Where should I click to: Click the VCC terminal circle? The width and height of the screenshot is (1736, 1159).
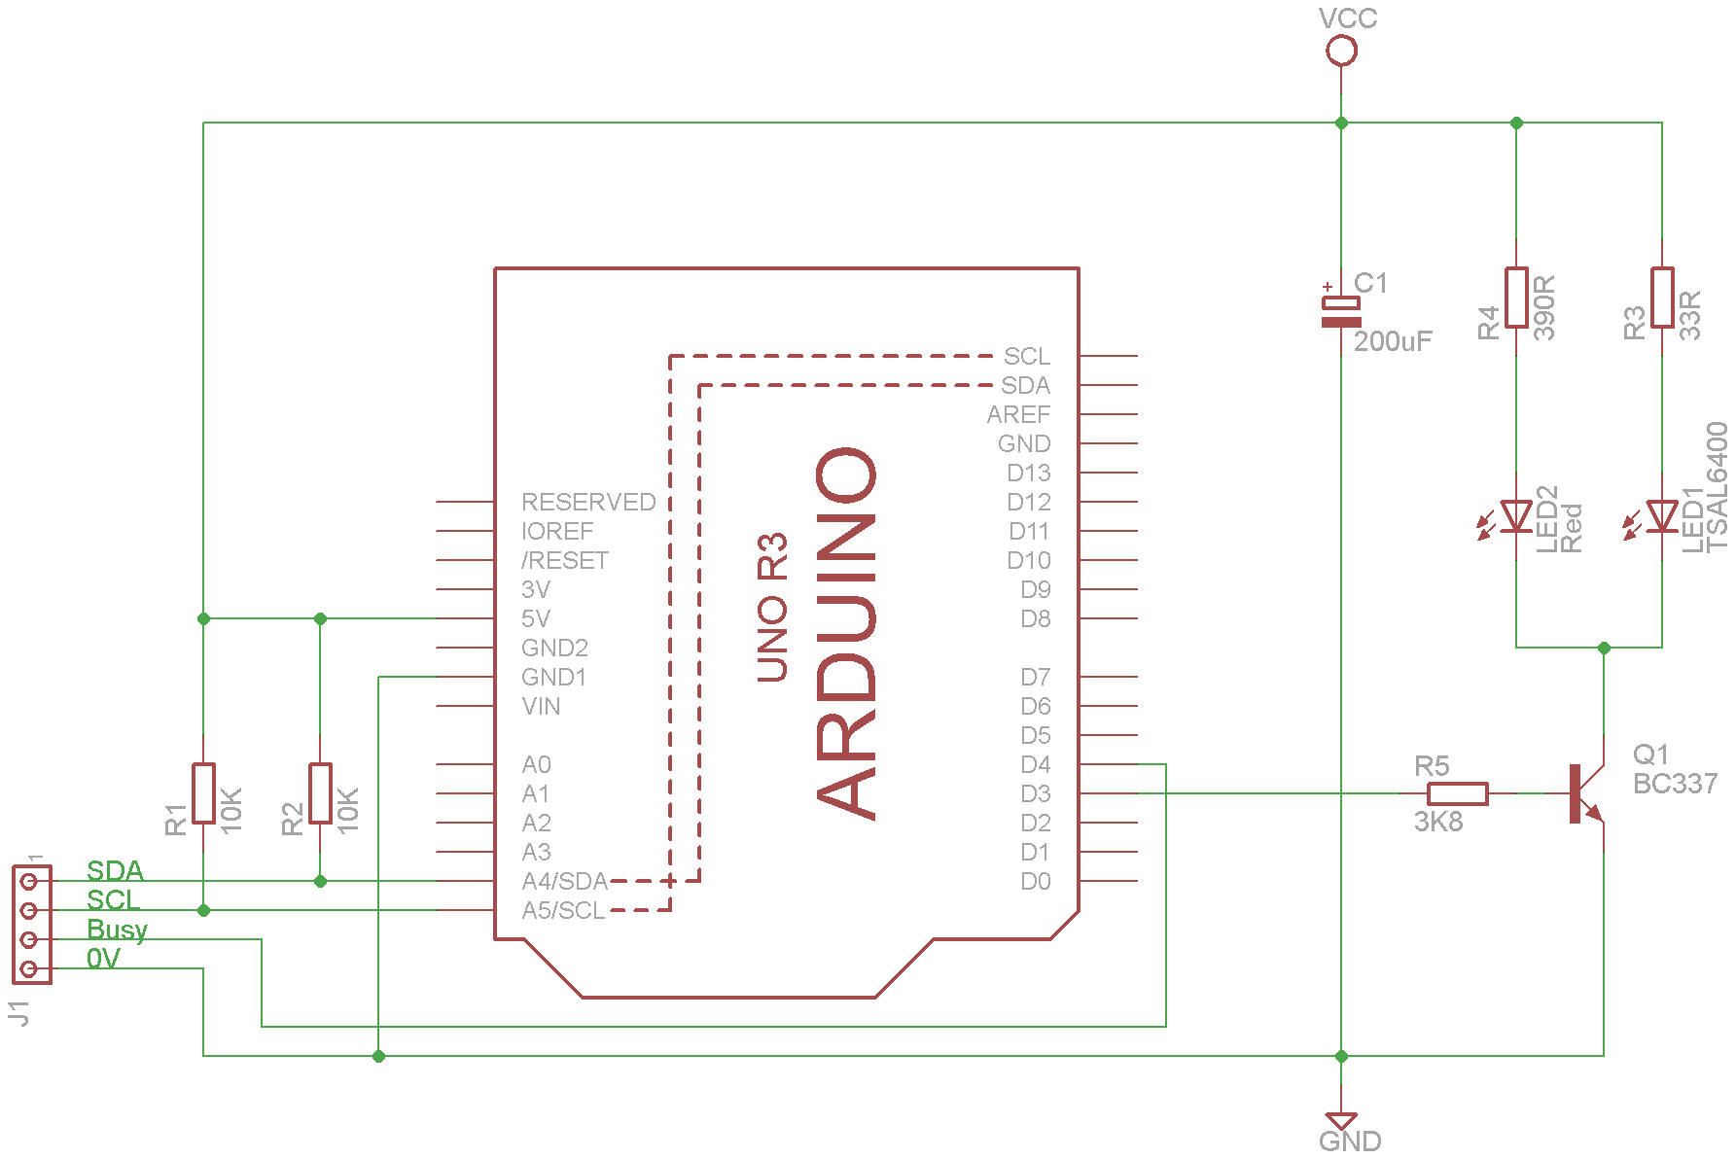pos(1341,50)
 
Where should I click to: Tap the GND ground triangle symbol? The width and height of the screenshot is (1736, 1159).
pos(1341,1120)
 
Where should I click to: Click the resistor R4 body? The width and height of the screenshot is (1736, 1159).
pos(1516,298)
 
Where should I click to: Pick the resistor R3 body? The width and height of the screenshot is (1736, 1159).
pos(1662,298)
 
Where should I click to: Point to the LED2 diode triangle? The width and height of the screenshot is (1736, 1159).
pos(1516,516)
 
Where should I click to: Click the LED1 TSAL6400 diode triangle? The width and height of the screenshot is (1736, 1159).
pos(1662,516)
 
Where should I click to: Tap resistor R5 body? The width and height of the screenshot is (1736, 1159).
pos(1457,793)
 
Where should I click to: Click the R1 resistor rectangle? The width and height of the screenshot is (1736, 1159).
pos(203,793)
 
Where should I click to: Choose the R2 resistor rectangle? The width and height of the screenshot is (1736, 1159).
pos(320,793)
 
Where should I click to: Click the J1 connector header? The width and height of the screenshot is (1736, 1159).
pos(31,925)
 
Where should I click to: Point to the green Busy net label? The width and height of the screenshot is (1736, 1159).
pos(117,930)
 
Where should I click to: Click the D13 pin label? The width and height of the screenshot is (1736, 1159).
pos(1028,474)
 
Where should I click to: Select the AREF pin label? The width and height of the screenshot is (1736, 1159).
pos(1018,415)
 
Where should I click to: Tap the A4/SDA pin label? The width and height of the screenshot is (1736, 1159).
pos(564,882)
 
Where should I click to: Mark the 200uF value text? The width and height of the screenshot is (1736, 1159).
pos(1393,341)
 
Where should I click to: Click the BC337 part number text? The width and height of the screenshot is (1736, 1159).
pos(1675,784)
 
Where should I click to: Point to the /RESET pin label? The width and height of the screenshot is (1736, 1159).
pos(564,561)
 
